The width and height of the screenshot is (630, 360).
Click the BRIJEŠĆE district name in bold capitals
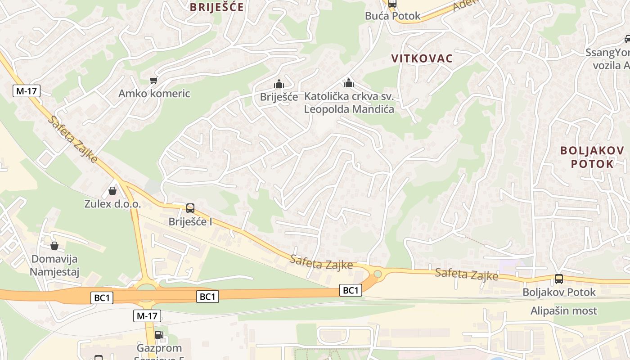click(x=216, y=7)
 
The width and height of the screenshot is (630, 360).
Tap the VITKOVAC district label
click(x=422, y=58)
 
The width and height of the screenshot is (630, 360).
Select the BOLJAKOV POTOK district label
click(x=592, y=157)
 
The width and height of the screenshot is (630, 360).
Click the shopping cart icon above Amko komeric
click(x=153, y=80)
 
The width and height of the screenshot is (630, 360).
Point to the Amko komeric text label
click(x=154, y=94)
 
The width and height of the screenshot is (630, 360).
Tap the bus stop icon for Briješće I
click(x=190, y=208)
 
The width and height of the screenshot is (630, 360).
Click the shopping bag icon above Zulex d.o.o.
click(x=112, y=191)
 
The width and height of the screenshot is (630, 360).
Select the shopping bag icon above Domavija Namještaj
click(x=54, y=246)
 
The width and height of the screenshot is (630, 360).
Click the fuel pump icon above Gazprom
click(x=158, y=335)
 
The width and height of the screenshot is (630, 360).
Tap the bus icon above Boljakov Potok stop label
click(x=558, y=279)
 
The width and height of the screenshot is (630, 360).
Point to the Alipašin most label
click(x=563, y=310)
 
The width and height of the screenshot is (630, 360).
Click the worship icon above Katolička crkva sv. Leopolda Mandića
click(x=349, y=83)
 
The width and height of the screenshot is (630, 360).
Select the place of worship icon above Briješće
click(x=279, y=84)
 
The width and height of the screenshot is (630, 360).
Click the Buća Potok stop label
click(x=392, y=16)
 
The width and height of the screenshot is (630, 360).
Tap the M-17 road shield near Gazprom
click(x=147, y=316)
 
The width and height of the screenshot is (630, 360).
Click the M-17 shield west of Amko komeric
click(x=27, y=91)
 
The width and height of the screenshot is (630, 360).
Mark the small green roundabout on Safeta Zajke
click(x=378, y=274)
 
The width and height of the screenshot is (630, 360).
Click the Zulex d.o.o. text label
click(x=112, y=204)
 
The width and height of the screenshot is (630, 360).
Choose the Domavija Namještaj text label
click(x=54, y=265)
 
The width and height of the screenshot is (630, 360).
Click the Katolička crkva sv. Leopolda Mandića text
click(x=349, y=103)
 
